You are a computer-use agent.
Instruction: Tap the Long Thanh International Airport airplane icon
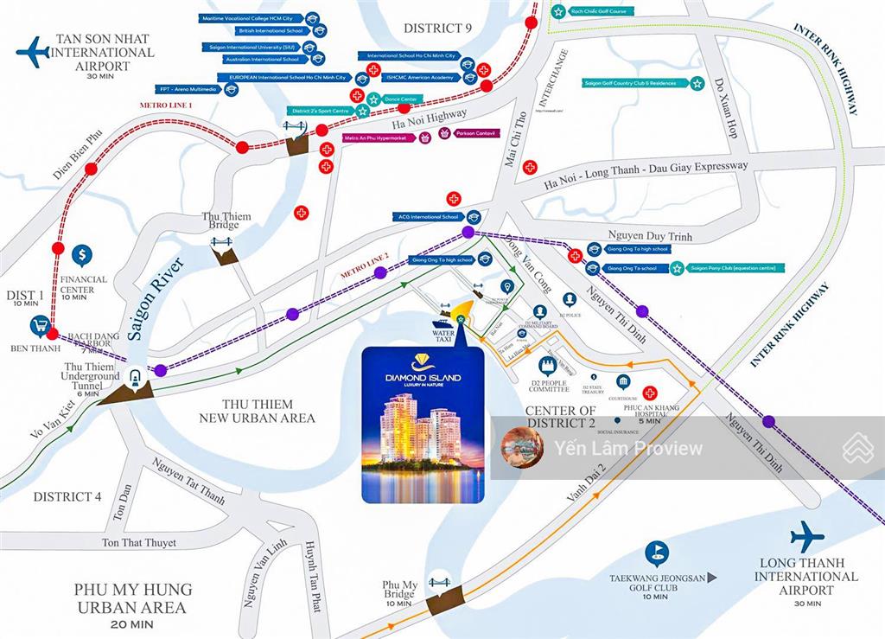tap(806, 536)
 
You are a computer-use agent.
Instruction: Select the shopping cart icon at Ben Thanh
tap(40, 326)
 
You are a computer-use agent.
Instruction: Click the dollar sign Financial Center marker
tap(84, 255)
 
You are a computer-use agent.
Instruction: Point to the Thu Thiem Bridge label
tap(226, 221)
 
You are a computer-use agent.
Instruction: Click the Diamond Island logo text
tap(423, 379)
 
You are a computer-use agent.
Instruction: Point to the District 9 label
tap(437, 28)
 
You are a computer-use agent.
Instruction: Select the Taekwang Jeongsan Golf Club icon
tap(658, 551)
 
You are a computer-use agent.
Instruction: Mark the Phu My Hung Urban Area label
tap(133, 597)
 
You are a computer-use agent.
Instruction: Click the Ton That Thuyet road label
tap(139, 543)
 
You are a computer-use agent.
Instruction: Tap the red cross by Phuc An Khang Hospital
tap(650, 393)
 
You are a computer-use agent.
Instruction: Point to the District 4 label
tap(67, 496)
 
